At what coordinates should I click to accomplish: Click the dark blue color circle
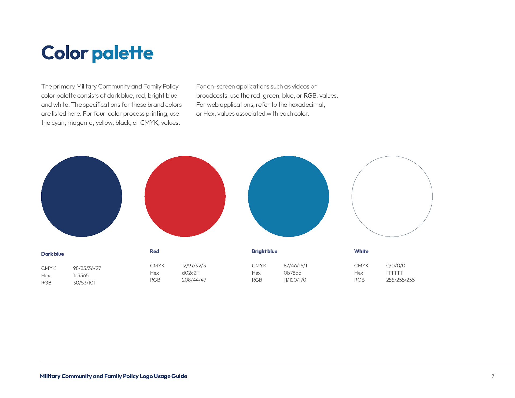tap(82, 196)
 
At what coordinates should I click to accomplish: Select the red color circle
tap(185, 196)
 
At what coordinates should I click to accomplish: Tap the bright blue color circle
tap(289, 196)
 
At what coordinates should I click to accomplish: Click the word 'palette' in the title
tap(123, 54)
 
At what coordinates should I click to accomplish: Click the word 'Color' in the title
tap(65, 53)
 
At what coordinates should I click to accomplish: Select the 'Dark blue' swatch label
tap(53, 254)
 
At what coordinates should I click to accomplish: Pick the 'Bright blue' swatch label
tap(264, 252)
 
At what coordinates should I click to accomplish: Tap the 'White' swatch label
tap(361, 251)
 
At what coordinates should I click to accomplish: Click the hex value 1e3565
tap(81, 275)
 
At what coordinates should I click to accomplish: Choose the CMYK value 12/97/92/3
tap(194, 266)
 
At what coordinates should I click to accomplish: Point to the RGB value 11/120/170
tap(295, 280)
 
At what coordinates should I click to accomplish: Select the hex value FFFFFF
tap(395, 273)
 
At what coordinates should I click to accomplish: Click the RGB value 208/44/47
tap(194, 280)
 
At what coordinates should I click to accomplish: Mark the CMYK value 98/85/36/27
tap(87, 268)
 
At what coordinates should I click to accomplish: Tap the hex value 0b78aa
tap(293, 273)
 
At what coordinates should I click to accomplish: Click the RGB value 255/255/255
tap(400, 280)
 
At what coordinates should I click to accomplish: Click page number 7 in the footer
tap(493, 376)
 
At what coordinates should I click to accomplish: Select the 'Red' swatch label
tap(154, 251)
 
